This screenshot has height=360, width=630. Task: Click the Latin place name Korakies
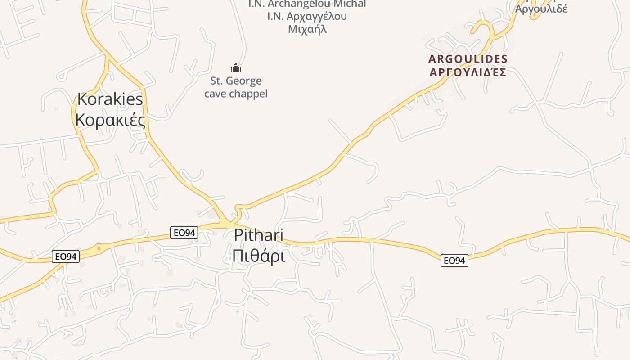[x=110, y=99]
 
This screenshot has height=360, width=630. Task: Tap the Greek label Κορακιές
[x=110, y=120]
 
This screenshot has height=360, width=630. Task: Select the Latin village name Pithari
[x=259, y=235]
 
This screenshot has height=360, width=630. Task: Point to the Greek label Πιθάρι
[x=259, y=256]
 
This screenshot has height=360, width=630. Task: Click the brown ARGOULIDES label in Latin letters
[x=468, y=59]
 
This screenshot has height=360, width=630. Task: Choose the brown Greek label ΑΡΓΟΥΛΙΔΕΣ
[x=468, y=72]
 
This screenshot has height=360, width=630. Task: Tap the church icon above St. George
[x=236, y=68]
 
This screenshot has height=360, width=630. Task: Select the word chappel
[x=248, y=94]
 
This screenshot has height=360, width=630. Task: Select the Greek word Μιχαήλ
[x=307, y=29]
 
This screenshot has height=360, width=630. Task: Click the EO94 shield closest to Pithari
[x=184, y=233]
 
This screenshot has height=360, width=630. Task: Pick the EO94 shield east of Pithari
[x=454, y=260]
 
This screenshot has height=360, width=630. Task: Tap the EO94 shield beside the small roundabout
[x=66, y=256]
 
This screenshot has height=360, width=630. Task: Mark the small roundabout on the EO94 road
[x=99, y=248]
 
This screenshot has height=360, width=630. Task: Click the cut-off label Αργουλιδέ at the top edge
[x=541, y=9]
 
